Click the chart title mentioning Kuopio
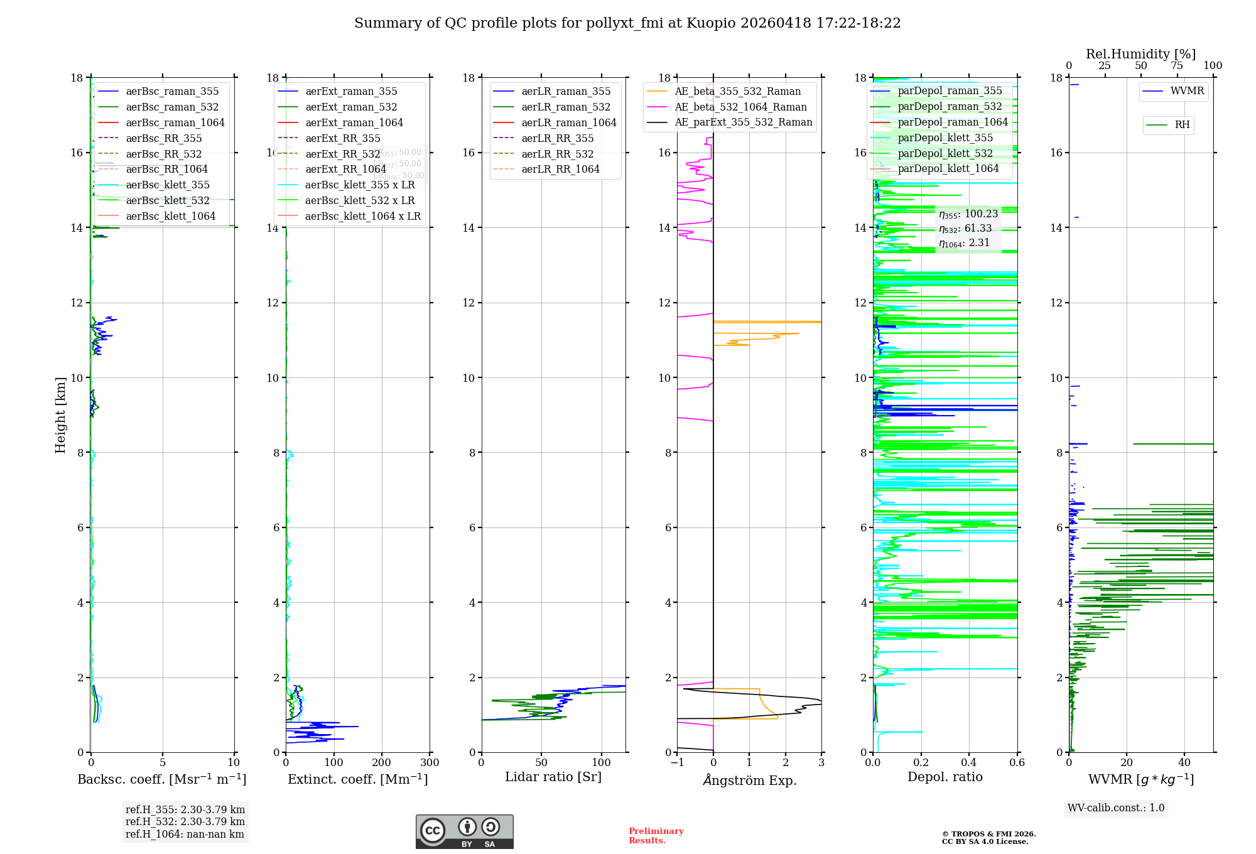point(627,23)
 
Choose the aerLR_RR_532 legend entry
point(557,154)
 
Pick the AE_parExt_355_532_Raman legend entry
point(743,122)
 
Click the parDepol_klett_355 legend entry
point(945,138)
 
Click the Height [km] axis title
point(60,414)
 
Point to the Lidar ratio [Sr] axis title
point(553,777)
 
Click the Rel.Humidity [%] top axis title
point(1140,54)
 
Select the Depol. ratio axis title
point(945,777)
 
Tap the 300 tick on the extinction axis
point(430,763)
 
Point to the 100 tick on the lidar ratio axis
point(602,763)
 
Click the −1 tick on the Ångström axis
point(677,763)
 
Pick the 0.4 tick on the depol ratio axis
point(969,763)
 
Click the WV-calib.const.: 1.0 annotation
point(1116,808)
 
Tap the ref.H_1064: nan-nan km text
point(185,835)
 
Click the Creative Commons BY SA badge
point(464,831)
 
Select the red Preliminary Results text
point(656,836)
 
